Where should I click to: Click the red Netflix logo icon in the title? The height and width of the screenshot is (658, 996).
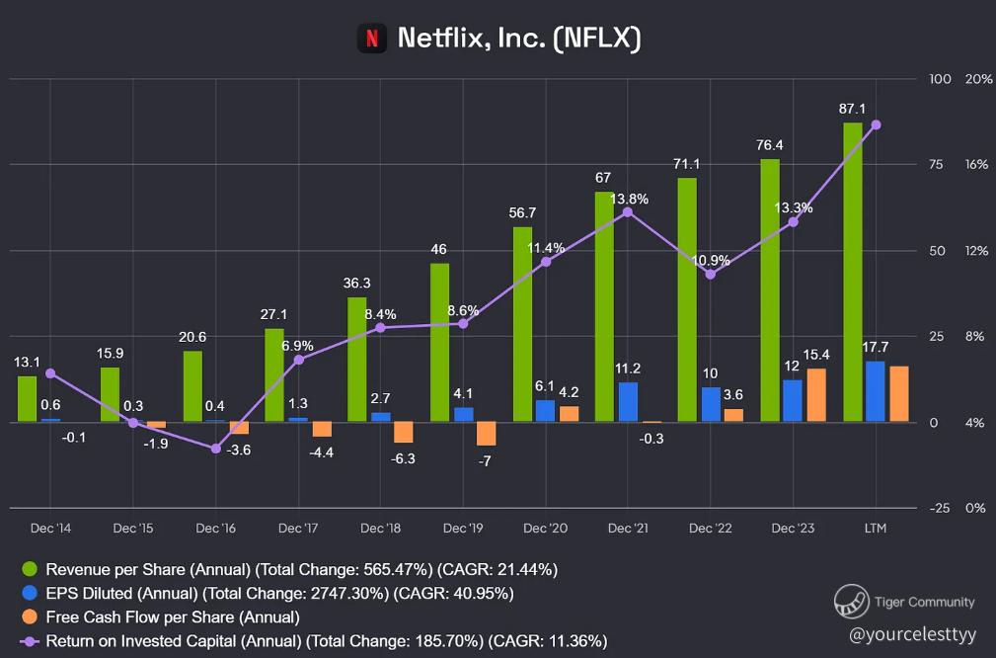tap(371, 39)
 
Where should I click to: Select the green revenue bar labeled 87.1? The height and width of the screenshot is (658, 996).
tap(853, 273)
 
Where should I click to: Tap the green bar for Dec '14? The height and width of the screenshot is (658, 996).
tap(28, 399)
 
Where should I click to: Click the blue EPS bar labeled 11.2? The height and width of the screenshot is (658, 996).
tap(628, 402)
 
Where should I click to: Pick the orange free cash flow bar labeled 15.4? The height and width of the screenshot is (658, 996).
tap(816, 395)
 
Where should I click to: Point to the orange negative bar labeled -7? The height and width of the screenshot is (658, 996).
tap(486, 434)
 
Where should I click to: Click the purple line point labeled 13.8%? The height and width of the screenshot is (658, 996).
tap(628, 212)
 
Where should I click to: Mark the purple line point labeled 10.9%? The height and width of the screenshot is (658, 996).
tap(711, 274)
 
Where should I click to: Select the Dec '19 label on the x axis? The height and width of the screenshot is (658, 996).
tap(462, 529)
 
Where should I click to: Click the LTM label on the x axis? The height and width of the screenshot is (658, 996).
tap(875, 529)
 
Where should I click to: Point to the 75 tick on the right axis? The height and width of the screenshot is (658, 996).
tap(938, 165)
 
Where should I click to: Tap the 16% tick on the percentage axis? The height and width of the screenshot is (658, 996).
tap(975, 165)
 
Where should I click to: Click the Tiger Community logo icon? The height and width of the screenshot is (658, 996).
tap(851, 601)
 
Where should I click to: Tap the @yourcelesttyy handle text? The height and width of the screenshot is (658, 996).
tap(911, 632)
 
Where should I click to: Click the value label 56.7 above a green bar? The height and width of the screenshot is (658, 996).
tap(523, 212)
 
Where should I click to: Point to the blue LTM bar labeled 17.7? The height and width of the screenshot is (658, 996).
tap(875, 392)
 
